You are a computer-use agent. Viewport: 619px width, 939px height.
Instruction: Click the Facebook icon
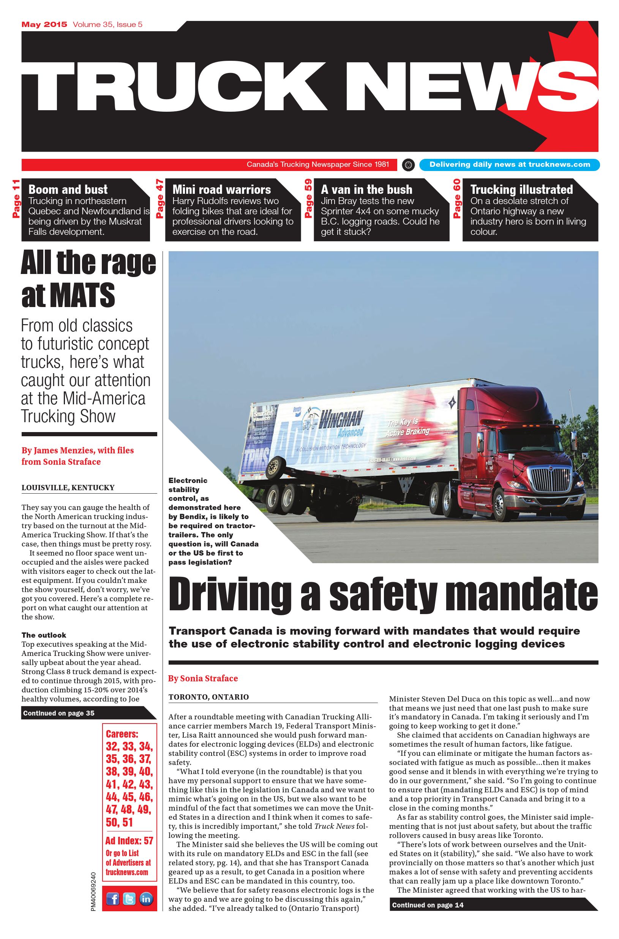tap(113, 899)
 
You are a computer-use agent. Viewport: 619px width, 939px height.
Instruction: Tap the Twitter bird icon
tap(129, 899)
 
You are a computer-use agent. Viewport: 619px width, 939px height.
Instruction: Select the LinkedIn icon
tap(146, 899)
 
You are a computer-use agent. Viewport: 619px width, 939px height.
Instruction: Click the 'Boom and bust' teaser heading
tap(68, 190)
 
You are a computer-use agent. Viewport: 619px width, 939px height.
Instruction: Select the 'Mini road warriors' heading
tap(221, 190)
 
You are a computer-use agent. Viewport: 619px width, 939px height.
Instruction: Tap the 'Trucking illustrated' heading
tap(521, 190)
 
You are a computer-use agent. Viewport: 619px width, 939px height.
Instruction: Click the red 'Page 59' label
tap(308, 198)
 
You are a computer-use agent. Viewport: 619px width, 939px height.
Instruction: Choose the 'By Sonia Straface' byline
tap(203, 679)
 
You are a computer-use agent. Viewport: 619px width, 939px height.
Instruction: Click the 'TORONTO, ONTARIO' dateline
tap(208, 697)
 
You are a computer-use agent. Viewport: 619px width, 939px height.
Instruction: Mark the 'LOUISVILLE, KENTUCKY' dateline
tap(68, 488)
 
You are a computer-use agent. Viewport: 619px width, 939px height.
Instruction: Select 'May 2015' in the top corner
tap(44, 24)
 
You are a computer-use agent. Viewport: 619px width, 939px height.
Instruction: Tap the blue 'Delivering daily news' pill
tap(509, 165)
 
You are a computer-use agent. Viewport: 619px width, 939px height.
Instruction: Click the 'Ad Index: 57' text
tap(129, 841)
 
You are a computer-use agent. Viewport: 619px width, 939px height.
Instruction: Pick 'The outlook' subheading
tap(44, 635)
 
